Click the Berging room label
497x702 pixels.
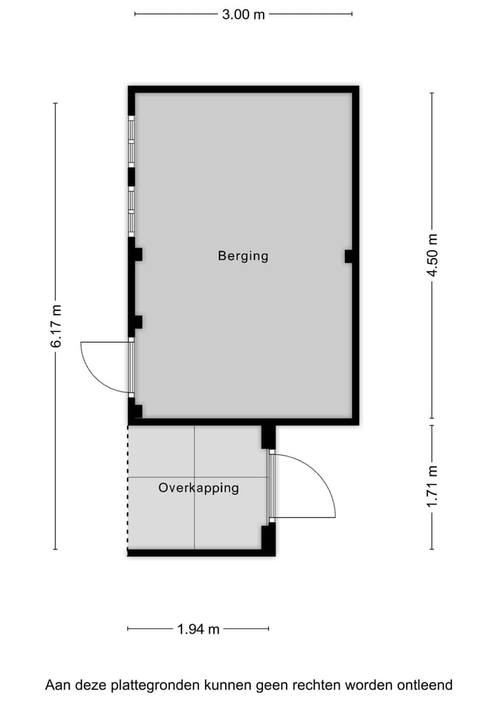(243, 256)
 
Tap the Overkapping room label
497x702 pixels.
(199, 488)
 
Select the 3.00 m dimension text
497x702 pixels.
(243, 14)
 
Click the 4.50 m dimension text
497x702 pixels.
(432, 256)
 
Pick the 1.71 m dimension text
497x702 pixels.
(432, 487)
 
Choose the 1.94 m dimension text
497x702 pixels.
(198, 629)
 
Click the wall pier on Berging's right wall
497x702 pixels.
(349, 257)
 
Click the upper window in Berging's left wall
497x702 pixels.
(131, 141)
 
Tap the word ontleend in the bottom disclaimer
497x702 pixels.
(425, 685)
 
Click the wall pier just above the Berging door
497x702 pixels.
(137, 321)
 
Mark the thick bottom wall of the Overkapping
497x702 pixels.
(200, 552)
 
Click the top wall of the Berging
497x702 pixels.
(243, 89)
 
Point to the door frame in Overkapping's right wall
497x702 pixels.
(271, 486)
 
